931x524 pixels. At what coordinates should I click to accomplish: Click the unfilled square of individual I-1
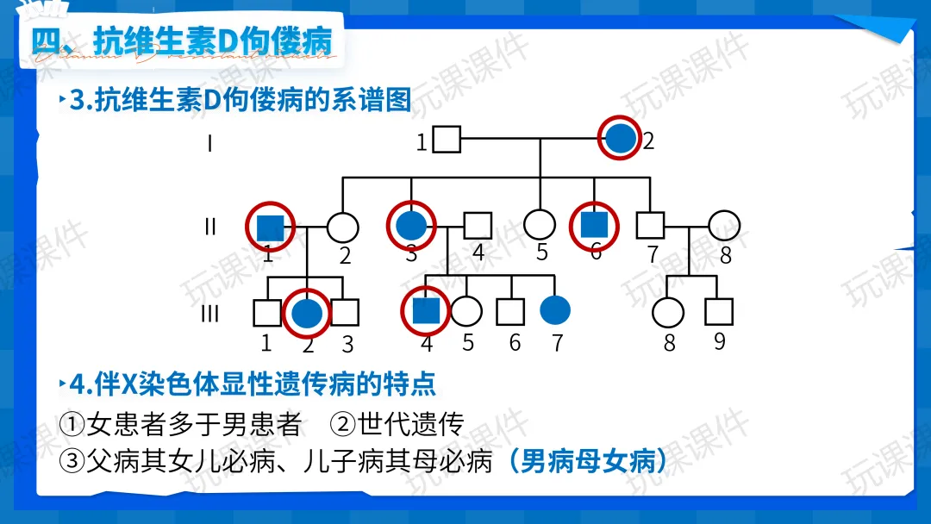[446, 140]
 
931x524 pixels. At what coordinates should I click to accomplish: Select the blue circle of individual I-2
[621, 139]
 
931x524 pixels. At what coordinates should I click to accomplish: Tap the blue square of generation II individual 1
[271, 227]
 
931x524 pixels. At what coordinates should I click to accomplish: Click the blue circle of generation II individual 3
[411, 226]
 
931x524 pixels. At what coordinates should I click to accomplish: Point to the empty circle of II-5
[540, 225]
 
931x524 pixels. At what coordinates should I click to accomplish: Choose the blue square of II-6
[594, 225]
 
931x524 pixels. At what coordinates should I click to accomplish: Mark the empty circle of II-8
[724, 226]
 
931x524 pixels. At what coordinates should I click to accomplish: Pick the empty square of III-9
[718, 311]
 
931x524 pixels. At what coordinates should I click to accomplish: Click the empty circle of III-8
[668, 312]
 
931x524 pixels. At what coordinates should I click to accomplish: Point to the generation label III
[209, 314]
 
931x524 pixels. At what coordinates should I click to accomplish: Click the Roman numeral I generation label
[209, 142]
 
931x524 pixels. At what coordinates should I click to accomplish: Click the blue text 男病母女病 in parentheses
[587, 462]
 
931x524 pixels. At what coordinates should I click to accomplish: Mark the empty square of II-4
[478, 226]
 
